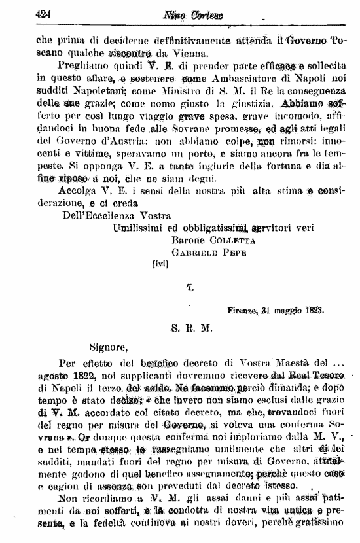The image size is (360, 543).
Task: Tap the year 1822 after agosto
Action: pos(82,378)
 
